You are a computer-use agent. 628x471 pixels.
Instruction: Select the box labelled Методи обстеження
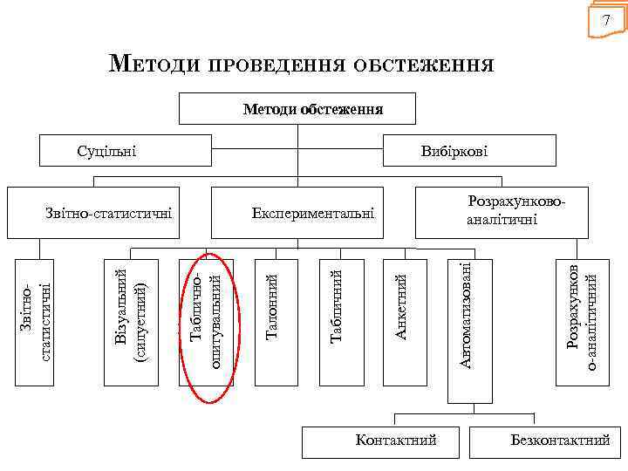click(297, 109)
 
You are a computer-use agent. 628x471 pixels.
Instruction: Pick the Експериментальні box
click(297, 212)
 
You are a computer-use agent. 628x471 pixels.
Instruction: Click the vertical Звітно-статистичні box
click(36, 320)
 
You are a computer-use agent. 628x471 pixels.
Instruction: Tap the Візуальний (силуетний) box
click(131, 320)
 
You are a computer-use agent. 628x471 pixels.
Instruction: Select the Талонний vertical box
click(274, 320)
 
